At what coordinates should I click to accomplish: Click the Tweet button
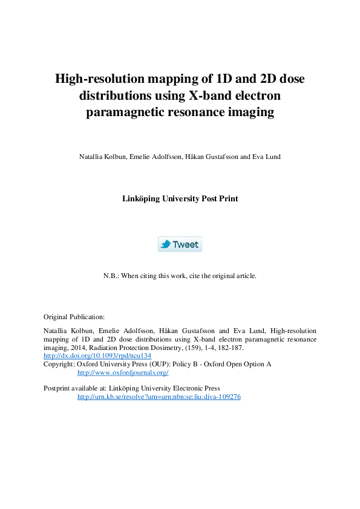pos(180,244)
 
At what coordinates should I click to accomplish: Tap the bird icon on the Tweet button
pos(166,244)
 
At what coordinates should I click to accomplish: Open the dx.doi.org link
pos(97,356)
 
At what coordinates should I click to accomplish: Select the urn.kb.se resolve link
pos(159,397)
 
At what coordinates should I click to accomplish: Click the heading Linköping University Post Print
pos(180,198)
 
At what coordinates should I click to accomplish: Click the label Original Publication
pos(74,316)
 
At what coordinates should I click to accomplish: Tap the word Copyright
pos(59,365)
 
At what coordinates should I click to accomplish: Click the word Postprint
pos(58,388)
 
